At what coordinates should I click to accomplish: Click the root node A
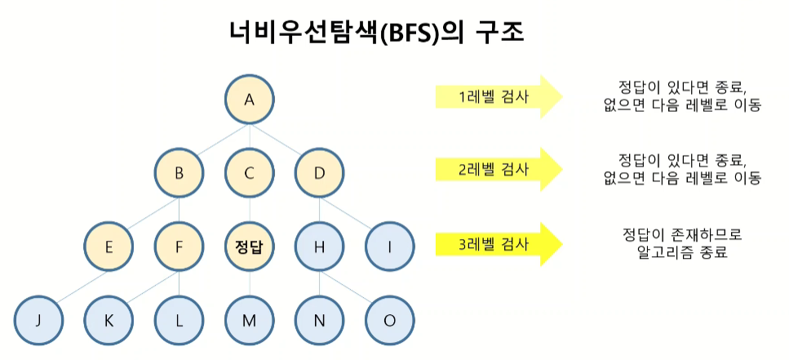point(250,100)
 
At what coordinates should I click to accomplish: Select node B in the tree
point(180,172)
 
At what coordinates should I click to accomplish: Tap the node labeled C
point(250,172)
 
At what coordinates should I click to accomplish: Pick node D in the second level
point(319,172)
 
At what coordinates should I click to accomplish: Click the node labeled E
point(109,245)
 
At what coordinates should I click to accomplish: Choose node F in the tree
point(180,245)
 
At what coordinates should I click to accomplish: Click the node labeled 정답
point(250,245)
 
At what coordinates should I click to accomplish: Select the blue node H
point(319,245)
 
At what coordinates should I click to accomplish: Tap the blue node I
point(389,245)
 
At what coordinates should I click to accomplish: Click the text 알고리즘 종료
point(680,253)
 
